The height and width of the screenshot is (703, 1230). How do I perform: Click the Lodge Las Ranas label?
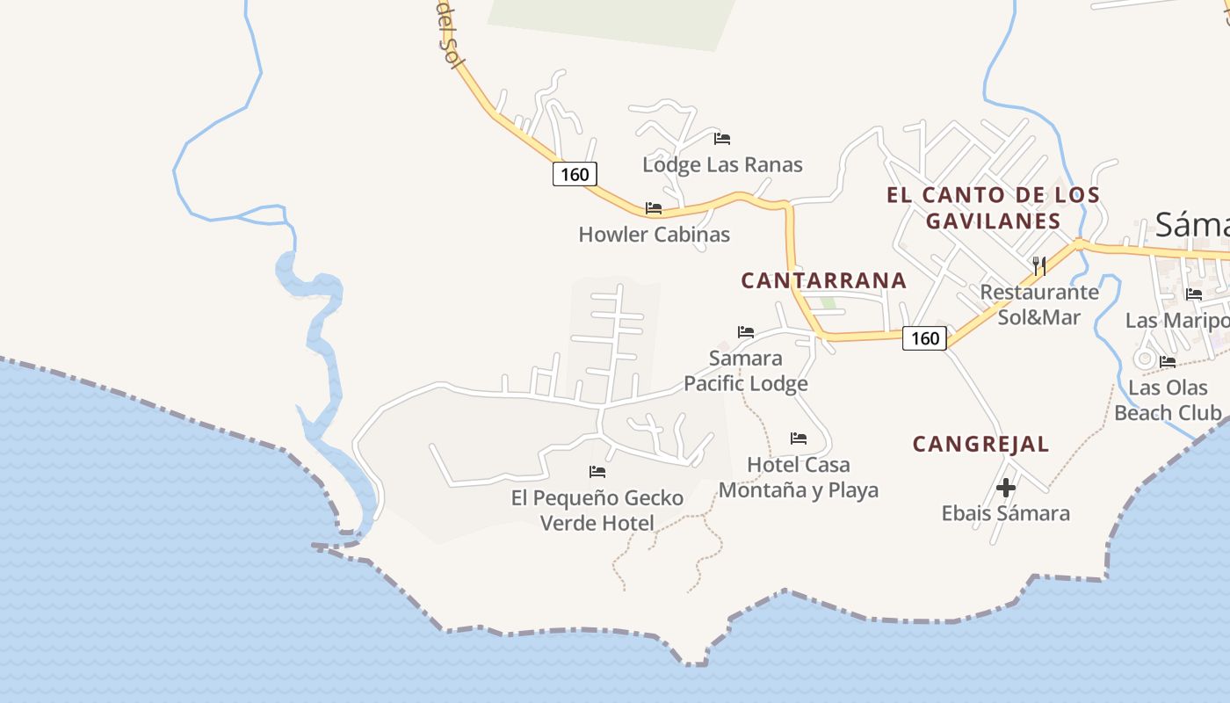[x=722, y=164]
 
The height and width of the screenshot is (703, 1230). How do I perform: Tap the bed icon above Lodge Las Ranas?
[x=722, y=138]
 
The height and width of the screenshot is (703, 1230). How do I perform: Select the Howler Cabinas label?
[x=654, y=235]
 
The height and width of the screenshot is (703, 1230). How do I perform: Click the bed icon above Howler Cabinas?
[x=654, y=208]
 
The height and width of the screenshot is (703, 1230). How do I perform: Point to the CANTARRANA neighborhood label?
[x=823, y=280]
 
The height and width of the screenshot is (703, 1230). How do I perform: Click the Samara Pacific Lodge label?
[x=745, y=371]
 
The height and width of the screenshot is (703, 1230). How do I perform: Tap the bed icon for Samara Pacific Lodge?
[x=746, y=332]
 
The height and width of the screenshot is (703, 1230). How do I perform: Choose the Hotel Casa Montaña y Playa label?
[x=799, y=477]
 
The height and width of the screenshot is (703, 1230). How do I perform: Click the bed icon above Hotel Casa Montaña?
[x=799, y=438]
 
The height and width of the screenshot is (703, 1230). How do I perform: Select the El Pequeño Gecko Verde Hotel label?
[x=597, y=511]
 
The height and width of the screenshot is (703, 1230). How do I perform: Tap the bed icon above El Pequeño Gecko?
[x=597, y=472]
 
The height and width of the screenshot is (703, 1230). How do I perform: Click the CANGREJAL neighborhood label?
[x=980, y=444]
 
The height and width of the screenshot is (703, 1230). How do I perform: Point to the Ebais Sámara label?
[x=1006, y=513]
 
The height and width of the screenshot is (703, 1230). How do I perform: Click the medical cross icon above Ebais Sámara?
[x=1006, y=487]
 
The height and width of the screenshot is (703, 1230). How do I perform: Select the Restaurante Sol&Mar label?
[x=1039, y=304]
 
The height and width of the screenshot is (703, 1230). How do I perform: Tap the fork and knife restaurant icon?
[x=1038, y=265]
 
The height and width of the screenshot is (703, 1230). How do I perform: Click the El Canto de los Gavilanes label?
[x=993, y=207]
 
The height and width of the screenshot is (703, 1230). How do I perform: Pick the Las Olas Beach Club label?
[x=1168, y=400]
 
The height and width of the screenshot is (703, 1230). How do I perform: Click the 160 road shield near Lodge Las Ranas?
[x=575, y=174]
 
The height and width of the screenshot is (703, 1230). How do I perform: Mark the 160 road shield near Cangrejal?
[x=924, y=338]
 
